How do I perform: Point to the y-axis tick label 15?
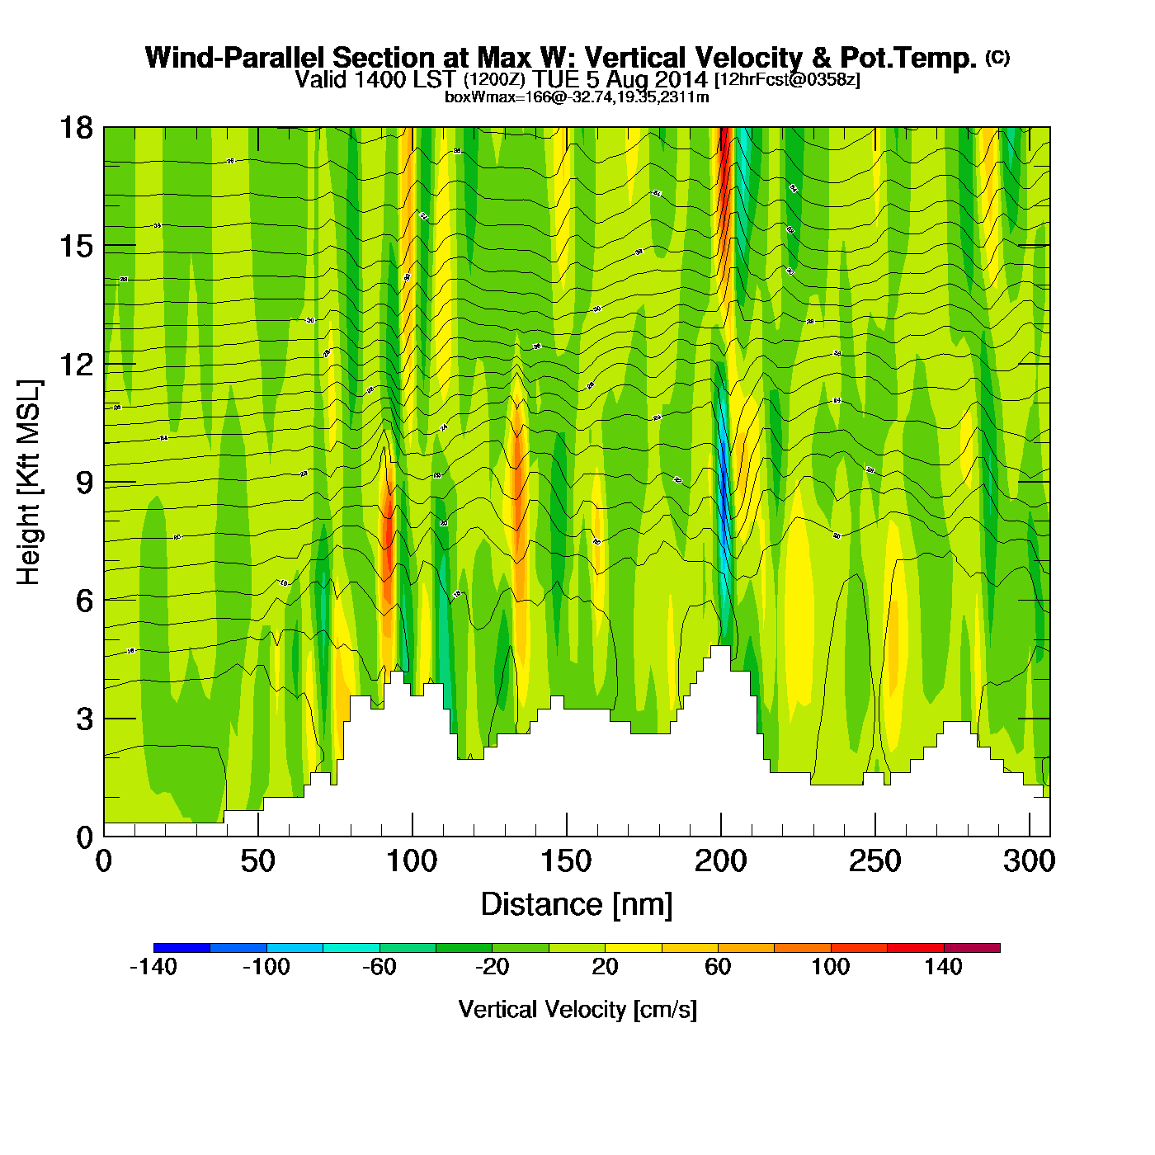coord(75,246)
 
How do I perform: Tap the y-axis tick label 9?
coord(84,483)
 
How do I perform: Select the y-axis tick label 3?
coord(84,719)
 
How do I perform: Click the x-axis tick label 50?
coord(257,862)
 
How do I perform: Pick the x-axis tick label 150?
coord(566,862)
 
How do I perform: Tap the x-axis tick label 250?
coord(874,862)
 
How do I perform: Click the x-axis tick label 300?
coord(1029,862)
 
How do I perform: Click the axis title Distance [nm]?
coord(577,905)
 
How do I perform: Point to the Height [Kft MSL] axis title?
coord(29,483)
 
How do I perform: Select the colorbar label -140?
coord(153,967)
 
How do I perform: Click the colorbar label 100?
coord(830,967)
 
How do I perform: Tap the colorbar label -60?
coord(379,967)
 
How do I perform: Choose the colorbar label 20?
coord(605,967)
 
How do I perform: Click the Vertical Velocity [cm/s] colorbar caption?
coord(577,1010)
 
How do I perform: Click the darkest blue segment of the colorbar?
coord(181,948)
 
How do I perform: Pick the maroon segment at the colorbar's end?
coord(972,948)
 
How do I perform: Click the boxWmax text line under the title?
coord(577,97)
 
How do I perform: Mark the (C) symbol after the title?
coord(997,57)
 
